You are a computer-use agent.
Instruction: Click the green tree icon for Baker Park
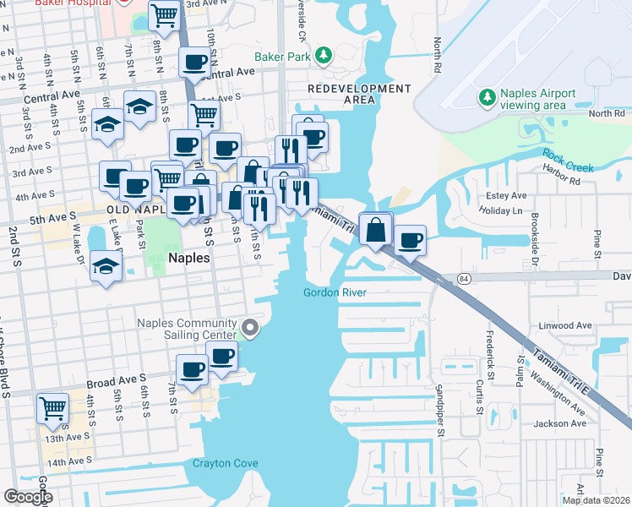(x=323, y=56)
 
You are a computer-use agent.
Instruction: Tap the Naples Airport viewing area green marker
(x=487, y=99)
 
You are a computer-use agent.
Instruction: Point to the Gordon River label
(x=335, y=293)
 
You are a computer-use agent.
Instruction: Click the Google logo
(x=28, y=497)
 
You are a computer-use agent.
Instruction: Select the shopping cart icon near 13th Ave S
(x=52, y=408)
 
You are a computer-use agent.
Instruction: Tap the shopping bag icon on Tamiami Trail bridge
(x=375, y=228)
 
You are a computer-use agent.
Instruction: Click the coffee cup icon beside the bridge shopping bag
(x=411, y=240)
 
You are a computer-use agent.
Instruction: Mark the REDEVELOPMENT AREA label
(x=359, y=94)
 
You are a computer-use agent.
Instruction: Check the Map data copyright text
(x=596, y=500)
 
